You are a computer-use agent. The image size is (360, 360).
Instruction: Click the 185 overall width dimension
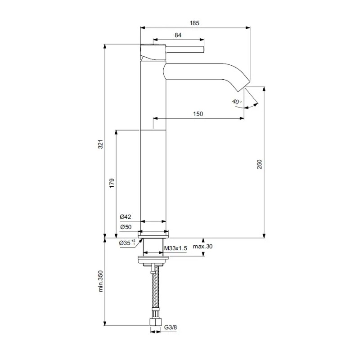tap(194, 23)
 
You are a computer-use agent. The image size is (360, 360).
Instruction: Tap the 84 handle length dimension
tap(178, 35)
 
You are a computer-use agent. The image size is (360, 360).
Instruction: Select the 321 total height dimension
tap(101, 144)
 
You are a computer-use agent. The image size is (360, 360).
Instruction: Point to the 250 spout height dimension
tap(259, 164)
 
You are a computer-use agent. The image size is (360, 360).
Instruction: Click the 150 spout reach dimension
tap(198, 114)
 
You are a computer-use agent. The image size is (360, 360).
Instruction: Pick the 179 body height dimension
tap(112, 183)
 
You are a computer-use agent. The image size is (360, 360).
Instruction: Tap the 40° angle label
tap(237, 102)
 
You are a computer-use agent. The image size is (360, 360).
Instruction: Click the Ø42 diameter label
tap(126, 217)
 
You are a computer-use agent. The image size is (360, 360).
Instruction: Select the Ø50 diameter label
tap(126, 227)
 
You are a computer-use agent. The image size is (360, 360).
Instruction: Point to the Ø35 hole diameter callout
tap(127, 243)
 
